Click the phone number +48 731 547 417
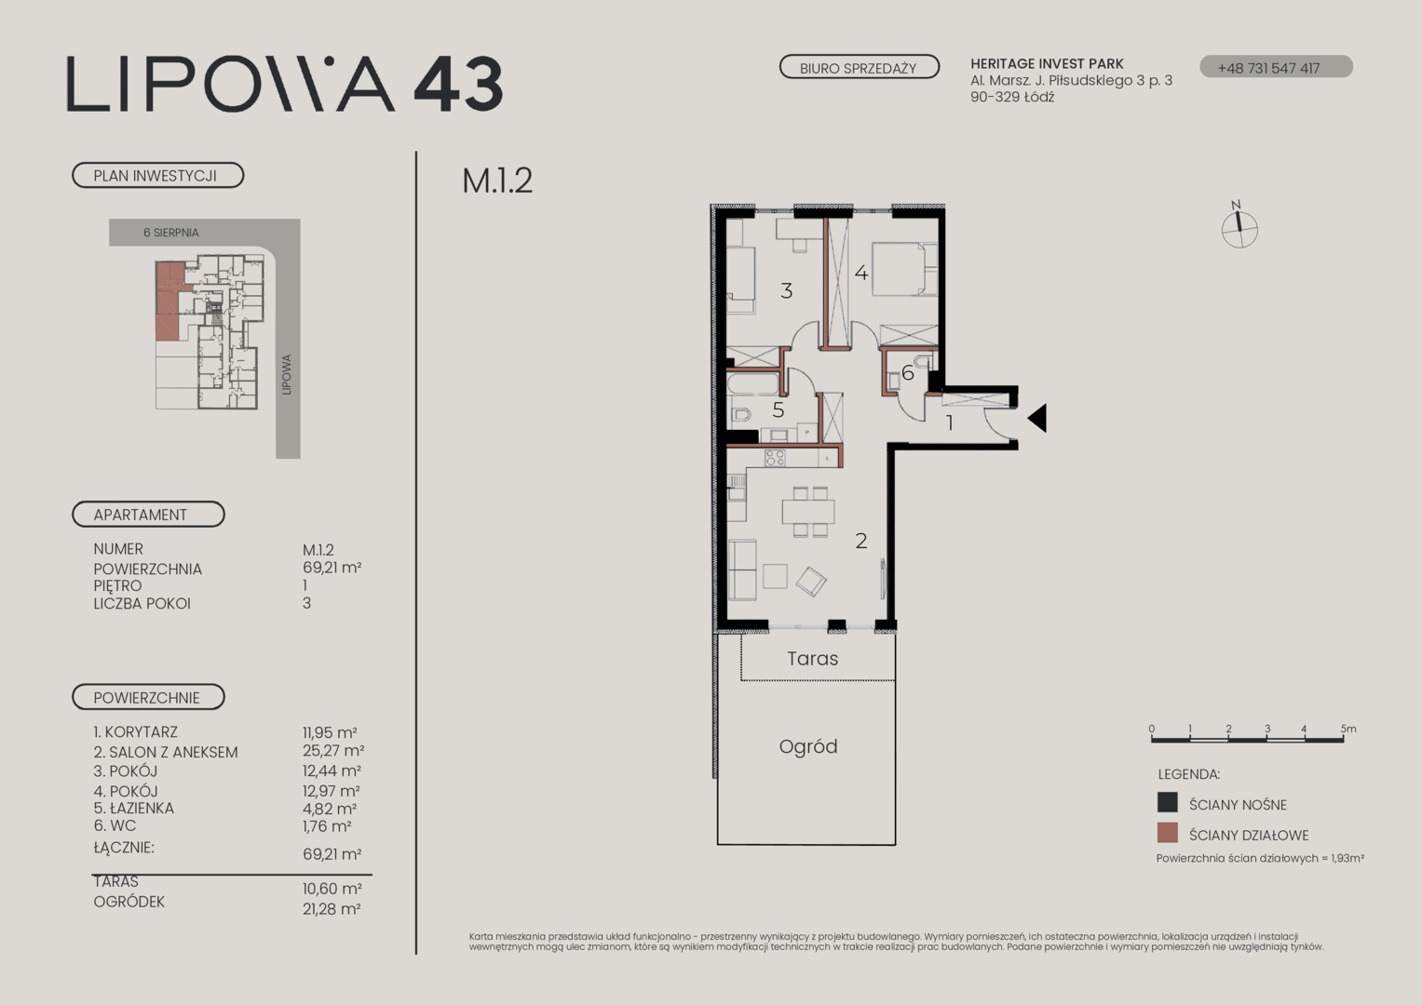pos(1268,68)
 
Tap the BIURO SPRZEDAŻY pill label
pos(859,67)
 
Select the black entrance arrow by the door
pos(1037,418)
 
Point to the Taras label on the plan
pos(813,659)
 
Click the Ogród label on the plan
pos(808,746)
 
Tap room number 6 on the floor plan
pos(908,373)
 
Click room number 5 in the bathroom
pos(779,410)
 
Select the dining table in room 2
pos(808,512)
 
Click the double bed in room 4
pos(904,269)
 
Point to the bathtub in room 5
pos(753,383)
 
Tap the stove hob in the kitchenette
pos(775,458)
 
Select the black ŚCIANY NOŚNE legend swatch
pos(1168,802)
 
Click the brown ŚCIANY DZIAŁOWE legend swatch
pos(1168,833)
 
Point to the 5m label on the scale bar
pos(1348,729)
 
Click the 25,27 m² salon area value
pos(333,751)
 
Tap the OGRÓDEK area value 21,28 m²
pos(332,909)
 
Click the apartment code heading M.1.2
pos(497,181)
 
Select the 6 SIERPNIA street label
pos(170,233)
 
